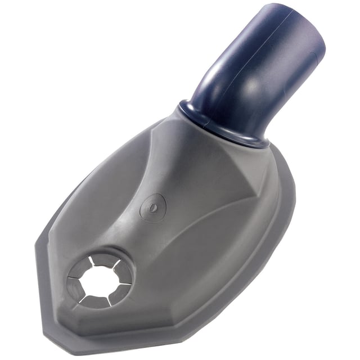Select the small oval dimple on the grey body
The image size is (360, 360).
(153, 207)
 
